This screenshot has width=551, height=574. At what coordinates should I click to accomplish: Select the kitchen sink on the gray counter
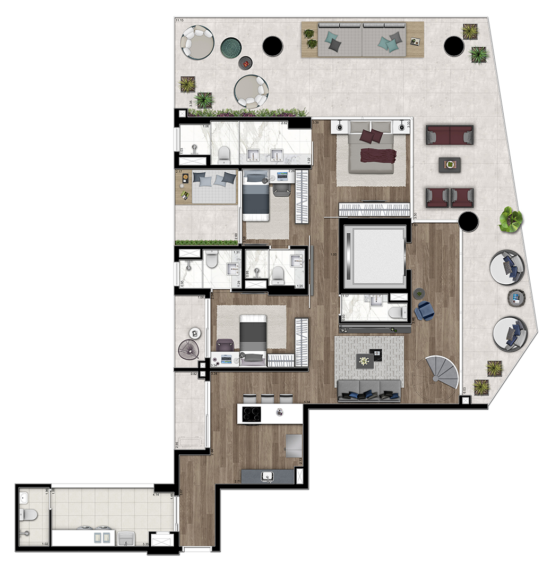[268, 476]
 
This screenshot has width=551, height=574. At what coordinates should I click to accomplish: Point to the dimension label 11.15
[179, 21]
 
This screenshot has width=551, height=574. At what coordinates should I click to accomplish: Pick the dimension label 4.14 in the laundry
[157, 495]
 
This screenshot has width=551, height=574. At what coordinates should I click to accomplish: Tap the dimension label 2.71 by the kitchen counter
[238, 482]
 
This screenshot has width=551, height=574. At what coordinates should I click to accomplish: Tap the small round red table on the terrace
[245, 63]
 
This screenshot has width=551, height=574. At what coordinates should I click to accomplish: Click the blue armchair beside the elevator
[425, 311]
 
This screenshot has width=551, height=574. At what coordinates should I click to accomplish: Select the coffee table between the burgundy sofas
[450, 165]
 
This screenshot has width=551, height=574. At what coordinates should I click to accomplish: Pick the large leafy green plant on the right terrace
[511, 218]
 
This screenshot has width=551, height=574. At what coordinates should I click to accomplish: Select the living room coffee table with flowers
[365, 361]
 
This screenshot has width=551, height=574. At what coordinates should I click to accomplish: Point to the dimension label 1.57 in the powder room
[345, 296]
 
